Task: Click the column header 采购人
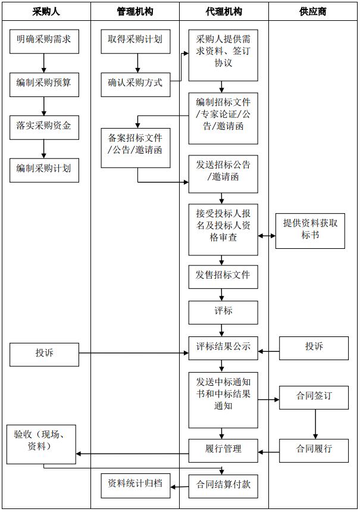[46, 11]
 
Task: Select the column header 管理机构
[135, 11]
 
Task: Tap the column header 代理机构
[224, 11]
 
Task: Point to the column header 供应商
[314, 11]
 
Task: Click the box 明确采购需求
[44, 40]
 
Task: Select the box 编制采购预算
[44, 83]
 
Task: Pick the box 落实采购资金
[44, 126]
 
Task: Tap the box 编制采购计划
[44, 169]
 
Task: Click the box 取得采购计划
[135, 40]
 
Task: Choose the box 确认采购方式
[135, 83]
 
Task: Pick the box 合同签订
[314, 397]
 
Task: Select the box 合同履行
[314, 449]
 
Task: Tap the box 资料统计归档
[135, 484]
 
